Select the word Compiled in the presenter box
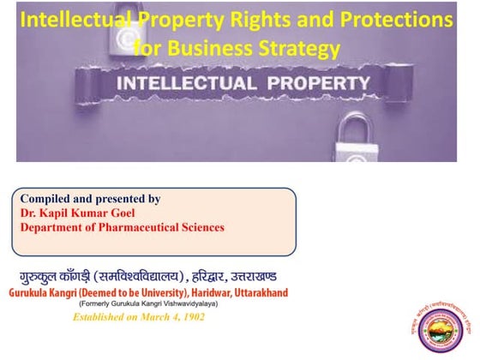[x=46, y=198]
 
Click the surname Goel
[x=133, y=213]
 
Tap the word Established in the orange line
[x=102, y=317]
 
